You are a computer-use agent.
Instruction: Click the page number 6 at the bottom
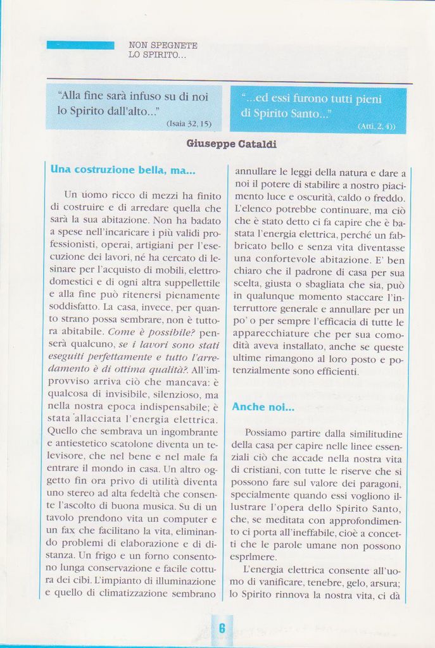[x=222, y=628]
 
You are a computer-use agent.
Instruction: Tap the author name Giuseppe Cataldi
[x=232, y=144]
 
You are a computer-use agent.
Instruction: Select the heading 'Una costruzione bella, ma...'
[x=123, y=170]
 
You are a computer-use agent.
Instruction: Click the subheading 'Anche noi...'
[x=263, y=407]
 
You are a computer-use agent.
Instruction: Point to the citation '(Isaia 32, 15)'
[x=189, y=124]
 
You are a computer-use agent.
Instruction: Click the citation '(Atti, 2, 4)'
[x=377, y=127]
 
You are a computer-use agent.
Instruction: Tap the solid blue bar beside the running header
[x=80, y=46]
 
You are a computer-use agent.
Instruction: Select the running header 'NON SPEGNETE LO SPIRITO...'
[x=163, y=50]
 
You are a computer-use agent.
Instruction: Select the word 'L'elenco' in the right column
[x=253, y=209]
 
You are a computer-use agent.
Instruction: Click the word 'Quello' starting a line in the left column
[x=64, y=432]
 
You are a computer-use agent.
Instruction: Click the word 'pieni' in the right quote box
[x=368, y=99]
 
